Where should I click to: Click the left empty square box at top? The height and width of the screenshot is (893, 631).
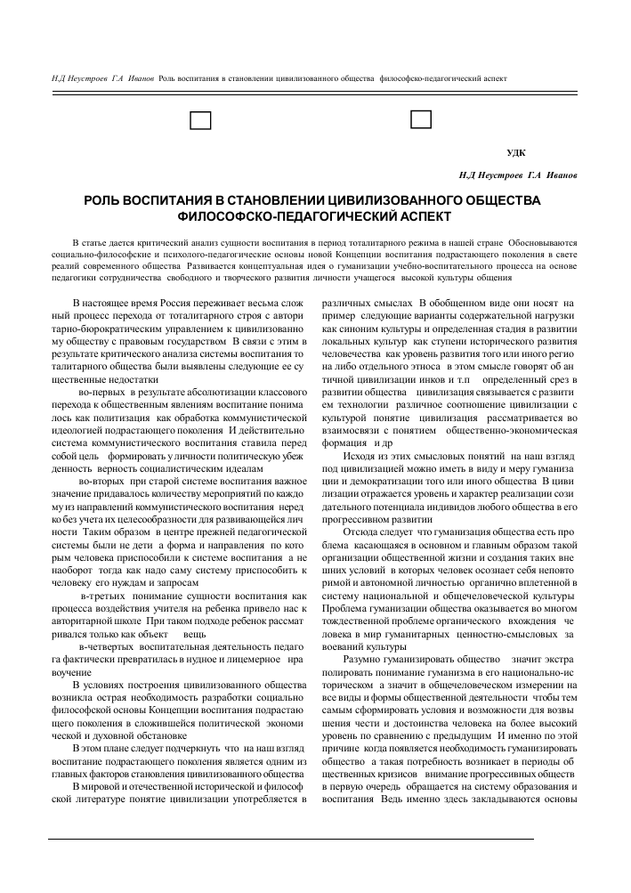[x=201, y=120]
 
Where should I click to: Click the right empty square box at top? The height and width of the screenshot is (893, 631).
[x=420, y=118]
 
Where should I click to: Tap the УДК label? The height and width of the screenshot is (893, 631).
[x=515, y=153]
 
